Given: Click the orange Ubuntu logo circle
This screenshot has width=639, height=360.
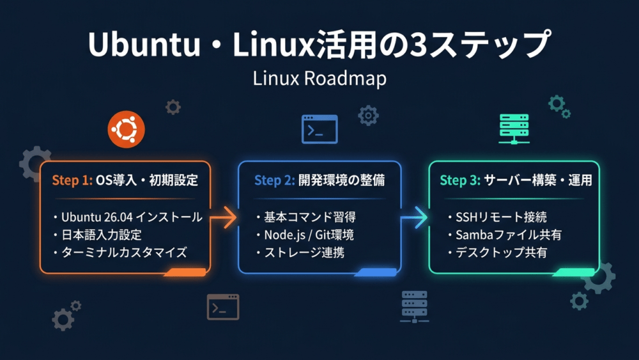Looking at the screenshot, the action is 126,129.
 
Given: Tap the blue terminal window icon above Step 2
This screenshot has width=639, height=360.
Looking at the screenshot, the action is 319,129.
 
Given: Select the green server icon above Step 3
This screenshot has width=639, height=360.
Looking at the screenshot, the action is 514,129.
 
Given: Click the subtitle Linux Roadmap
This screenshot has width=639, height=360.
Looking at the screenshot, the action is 319,78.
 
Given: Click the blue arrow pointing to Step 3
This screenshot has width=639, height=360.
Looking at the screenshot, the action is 414,217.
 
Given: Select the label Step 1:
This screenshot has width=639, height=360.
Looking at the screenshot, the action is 72,180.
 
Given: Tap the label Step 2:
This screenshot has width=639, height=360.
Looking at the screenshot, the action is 274,180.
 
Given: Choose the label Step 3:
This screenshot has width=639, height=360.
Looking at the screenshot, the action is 460,180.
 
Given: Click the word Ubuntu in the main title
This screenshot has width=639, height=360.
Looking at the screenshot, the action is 144,44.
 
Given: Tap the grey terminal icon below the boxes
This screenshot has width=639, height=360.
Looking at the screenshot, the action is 223,307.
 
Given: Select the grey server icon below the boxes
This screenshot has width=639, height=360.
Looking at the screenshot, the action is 415,307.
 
